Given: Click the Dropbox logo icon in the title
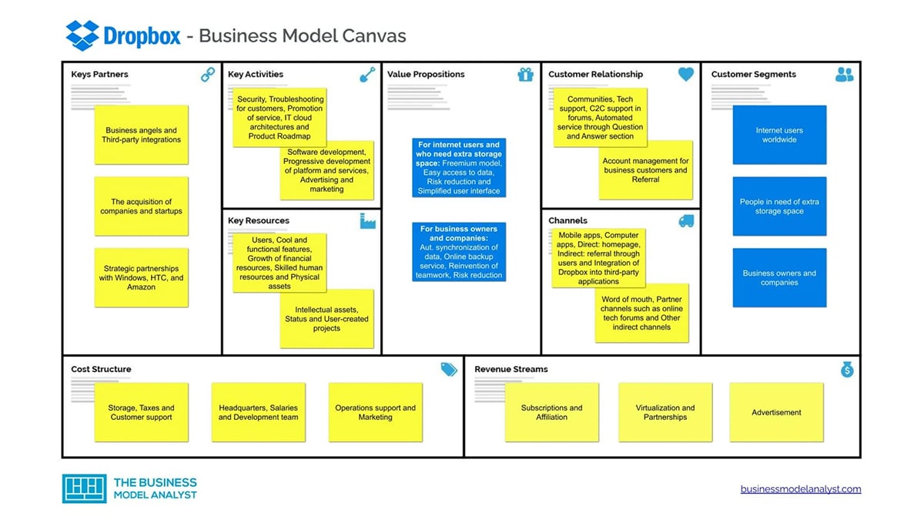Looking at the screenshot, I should pos(82,35).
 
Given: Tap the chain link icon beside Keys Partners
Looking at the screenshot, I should pos(208,75).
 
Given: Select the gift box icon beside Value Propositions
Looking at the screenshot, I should pos(525,75).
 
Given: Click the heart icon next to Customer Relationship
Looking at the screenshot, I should pos(685,75).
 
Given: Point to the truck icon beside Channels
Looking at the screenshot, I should pos(685,221).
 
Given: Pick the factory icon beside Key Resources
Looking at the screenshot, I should pos(367,221).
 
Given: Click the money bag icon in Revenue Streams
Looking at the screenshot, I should pos(847,370).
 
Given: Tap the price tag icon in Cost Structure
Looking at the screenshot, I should pos(449,370).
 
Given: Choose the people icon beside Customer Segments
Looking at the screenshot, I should pos(844,75).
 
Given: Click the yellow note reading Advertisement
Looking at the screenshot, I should pos(776,412).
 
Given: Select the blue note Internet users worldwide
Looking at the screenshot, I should pos(779,135).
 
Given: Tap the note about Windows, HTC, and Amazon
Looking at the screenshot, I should pos(142,277).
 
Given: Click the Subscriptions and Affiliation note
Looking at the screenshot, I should pos(551,412).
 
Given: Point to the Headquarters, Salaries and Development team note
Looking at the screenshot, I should pos(258,412).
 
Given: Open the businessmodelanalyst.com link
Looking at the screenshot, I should pos(801,489).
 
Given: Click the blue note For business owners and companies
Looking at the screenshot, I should pos(459,252).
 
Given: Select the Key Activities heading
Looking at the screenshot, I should pos(256,75).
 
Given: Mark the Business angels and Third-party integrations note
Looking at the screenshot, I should pos(142,135).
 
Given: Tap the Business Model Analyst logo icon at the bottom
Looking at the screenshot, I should pos(84,488).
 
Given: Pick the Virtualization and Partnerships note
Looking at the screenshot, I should pos(665,412).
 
